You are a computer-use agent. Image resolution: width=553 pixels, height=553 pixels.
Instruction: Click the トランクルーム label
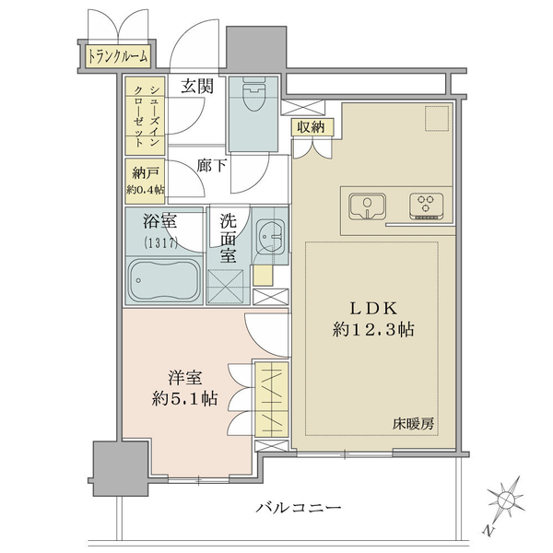[117, 57]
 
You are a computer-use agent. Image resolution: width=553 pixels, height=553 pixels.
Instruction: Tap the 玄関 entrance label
[196, 88]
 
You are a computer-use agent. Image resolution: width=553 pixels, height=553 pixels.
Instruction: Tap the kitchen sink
[367, 206]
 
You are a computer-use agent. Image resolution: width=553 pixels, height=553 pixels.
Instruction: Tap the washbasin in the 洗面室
[270, 240]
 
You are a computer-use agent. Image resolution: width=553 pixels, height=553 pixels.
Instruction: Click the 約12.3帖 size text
[373, 329]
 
